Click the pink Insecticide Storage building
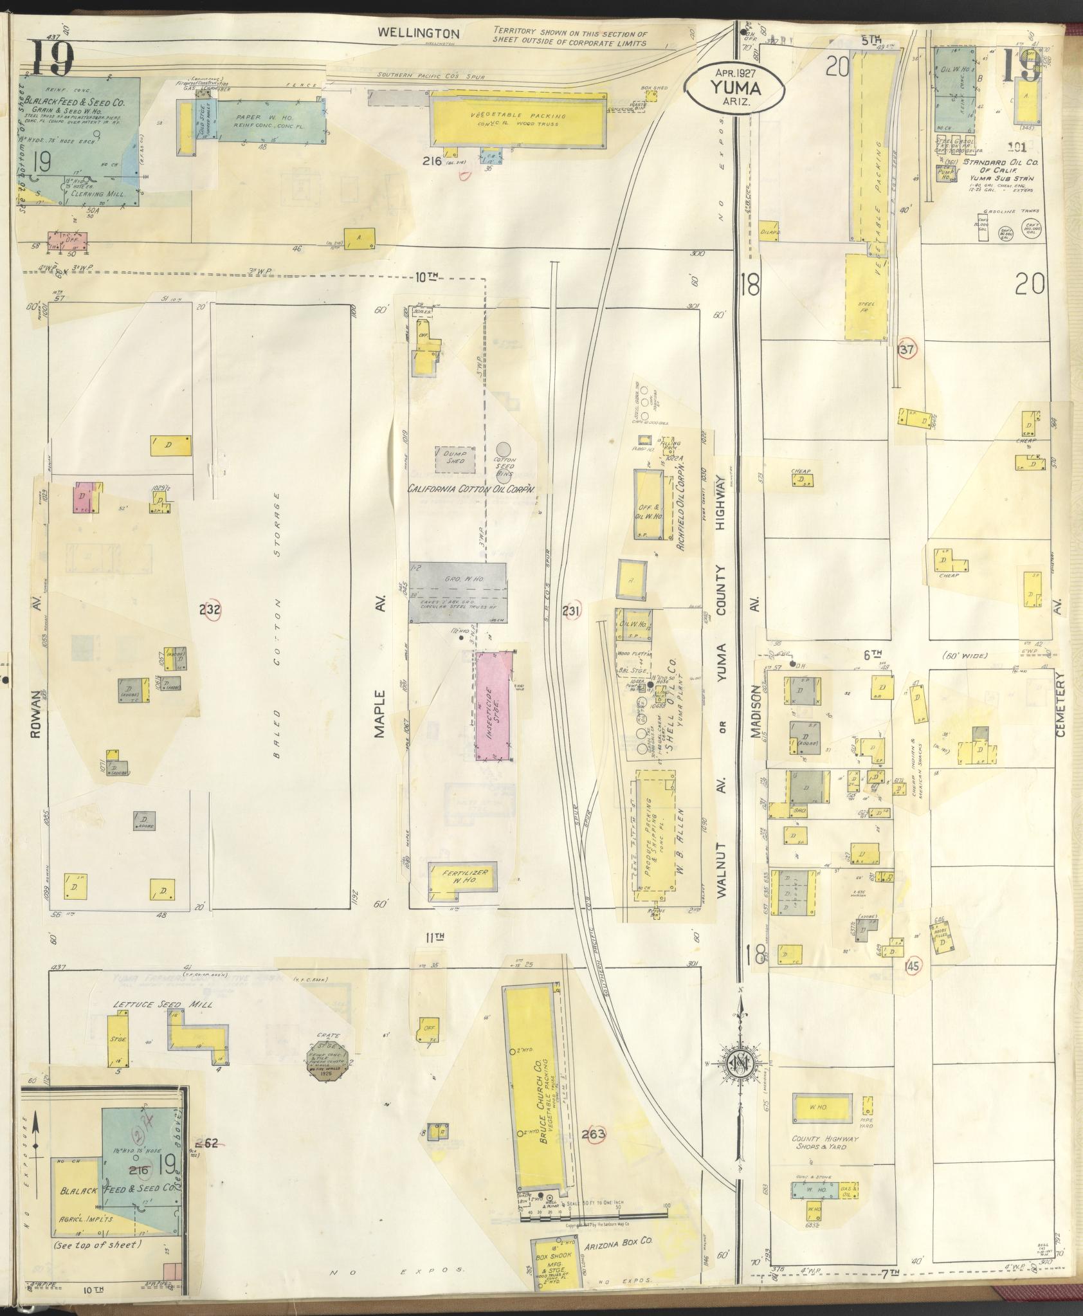point(494,705)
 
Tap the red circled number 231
point(571,610)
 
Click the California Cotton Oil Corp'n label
point(473,489)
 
